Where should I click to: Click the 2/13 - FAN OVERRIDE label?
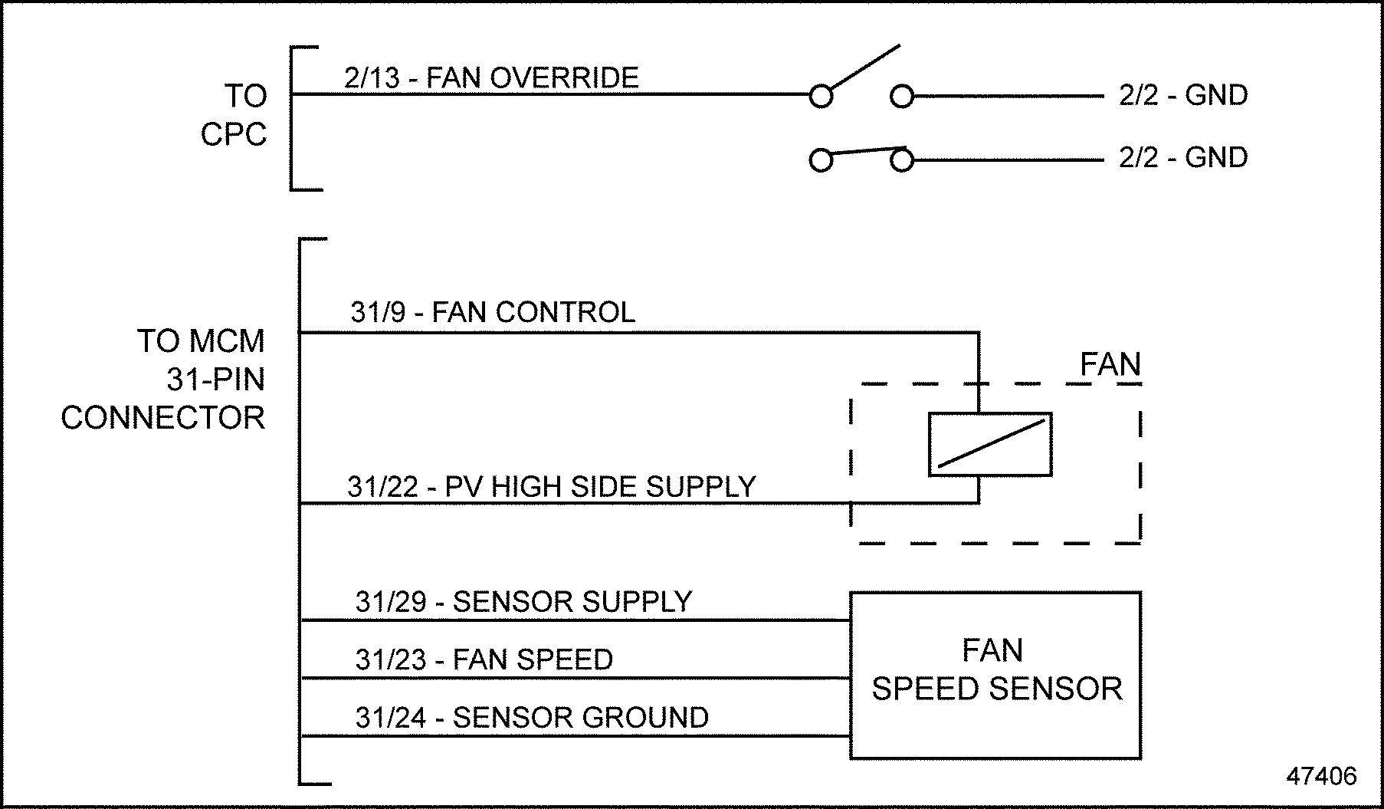[491, 78]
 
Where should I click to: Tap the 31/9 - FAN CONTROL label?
[493, 313]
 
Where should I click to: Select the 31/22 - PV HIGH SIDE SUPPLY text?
[552, 487]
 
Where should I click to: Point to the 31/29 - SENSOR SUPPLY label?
[523, 602]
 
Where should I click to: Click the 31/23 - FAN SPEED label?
[484, 659]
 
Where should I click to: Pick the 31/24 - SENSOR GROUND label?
[532, 718]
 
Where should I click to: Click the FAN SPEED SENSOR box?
[995, 675]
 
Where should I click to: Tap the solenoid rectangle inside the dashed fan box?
[989, 445]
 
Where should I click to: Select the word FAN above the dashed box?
[1110, 364]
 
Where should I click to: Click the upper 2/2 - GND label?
[1182, 95]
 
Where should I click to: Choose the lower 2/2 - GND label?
[1182, 157]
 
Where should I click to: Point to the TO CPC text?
[234, 115]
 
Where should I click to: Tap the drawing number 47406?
[1321, 776]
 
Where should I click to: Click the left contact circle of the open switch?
[821, 97]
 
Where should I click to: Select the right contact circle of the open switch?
[902, 97]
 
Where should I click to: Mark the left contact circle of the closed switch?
[821, 161]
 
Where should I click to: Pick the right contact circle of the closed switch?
[902, 161]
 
